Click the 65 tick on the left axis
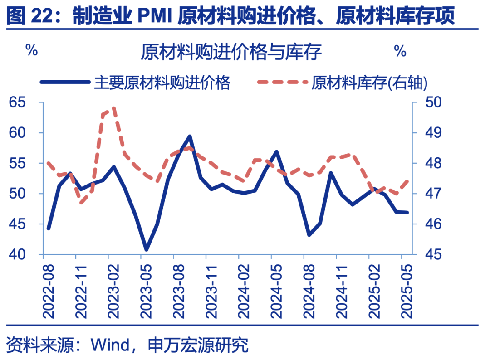pos(19,102)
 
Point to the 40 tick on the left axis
pos(19,255)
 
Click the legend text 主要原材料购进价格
pos(162,83)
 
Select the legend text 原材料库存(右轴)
pos(369,83)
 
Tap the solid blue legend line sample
pos(65,83)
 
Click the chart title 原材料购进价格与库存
pos(231,52)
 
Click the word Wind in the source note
pos(110,345)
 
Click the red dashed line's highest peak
pos(113,108)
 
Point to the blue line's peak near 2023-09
pos(190,136)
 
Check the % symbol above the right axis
pos(400,51)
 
